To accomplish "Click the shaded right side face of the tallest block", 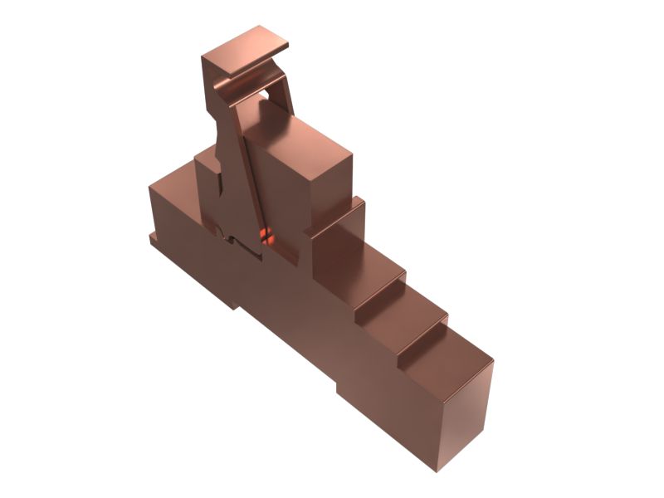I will coord(332,187).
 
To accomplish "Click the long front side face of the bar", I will coord(274,307).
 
